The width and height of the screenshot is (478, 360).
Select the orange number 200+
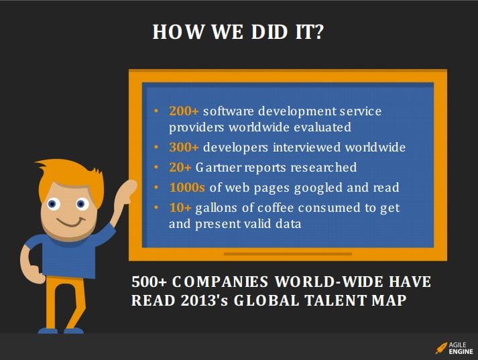[x=184, y=111]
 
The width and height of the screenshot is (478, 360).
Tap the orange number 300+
[x=184, y=147]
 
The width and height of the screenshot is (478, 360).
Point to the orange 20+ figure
[x=180, y=168]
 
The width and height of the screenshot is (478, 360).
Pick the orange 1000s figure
[x=187, y=188]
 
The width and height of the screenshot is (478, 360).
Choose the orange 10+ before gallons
[x=180, y=208]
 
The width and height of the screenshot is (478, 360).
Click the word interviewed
[x=306, y=147]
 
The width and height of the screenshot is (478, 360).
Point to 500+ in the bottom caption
[x=149, y=282]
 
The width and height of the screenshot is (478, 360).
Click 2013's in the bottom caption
[x=204, y=300]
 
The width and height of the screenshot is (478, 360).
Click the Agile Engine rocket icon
[x=441, y=348]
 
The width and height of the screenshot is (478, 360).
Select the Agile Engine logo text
[x=461, y=348]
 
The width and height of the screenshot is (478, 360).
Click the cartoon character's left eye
[x=53, y=204]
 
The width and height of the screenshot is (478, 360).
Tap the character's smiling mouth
[x=71, y=223]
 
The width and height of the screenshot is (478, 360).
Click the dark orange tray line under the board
[x=288, y=253]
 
